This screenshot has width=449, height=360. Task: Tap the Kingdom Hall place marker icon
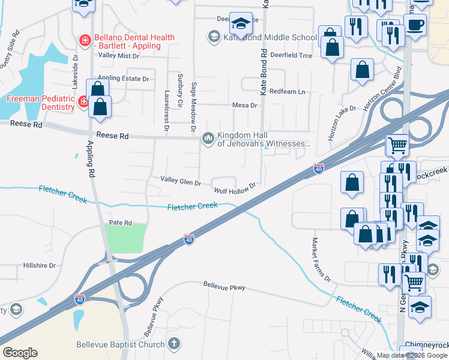click(x=208, y=139)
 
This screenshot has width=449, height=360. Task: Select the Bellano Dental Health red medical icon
click(x=85, y=41)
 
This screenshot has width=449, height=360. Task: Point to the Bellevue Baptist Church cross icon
click(x=173, y=344)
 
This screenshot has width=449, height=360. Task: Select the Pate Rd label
click(x=120, y=223)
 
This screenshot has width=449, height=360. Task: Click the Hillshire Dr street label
click(x=39, y=265)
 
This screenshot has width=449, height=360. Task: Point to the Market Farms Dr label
click(x=321, y=259)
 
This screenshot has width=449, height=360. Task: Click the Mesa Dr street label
click(x=245, y=105)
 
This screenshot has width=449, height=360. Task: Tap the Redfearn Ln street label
click(x=288, y=91)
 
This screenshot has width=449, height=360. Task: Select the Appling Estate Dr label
click(x=123, y=79)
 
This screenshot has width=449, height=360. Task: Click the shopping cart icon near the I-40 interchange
click(x=398, y=144)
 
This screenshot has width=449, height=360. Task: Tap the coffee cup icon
click(x=415, y=25)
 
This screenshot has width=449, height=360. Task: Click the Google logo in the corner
click(x=20, y=352)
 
